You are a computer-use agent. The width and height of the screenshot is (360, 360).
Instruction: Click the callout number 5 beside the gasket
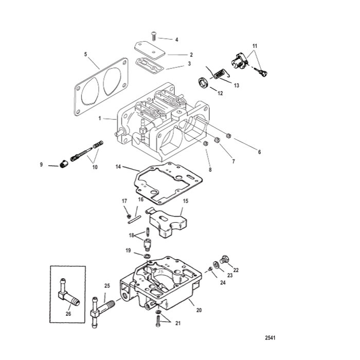click(x=86, y=53)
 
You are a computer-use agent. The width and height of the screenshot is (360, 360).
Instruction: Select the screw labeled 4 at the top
click(x=154, y=35)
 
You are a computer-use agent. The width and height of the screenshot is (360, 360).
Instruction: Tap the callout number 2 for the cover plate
click(x=176, y=55)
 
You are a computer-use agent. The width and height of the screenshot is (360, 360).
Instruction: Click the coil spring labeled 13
click(x=219, y=75)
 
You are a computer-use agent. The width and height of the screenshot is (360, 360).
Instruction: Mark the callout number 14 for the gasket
click(x=118, y=167)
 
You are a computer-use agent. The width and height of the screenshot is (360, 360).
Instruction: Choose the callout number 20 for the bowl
click(x=199, y=310)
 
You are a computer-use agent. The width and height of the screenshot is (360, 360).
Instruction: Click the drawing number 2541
click(x=270, y=338)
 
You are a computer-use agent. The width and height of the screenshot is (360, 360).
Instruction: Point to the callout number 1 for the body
click(x=99, y=118)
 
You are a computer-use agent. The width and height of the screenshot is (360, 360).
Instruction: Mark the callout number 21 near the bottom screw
click(x=178, y=323)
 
